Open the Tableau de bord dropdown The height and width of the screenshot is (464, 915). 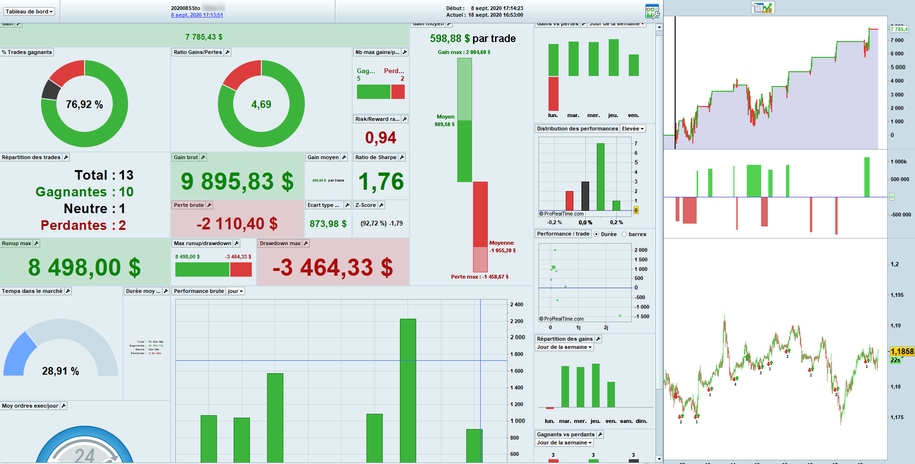(29, 11)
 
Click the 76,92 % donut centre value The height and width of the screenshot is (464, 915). (84, 105)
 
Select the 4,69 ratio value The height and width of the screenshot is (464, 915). (261, 105)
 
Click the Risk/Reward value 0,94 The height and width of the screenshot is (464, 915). (380, 138)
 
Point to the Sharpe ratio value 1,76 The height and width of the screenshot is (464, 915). (381, 182)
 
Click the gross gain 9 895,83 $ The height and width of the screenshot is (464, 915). (237, 182)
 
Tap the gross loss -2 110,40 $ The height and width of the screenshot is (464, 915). (237, 224)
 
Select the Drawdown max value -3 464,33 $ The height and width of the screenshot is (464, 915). (333, 267)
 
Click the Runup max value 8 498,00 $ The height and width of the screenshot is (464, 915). (85, 267)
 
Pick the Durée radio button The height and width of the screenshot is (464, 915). (596, 234)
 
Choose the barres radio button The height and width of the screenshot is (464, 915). (624, 234)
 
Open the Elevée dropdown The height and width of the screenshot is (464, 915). (633, 129)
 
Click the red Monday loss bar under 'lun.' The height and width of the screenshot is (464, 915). (553, 94)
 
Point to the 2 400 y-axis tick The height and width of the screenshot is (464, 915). (517, 304)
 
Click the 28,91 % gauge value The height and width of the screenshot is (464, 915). (61, 371)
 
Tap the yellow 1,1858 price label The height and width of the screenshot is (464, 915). (902, 352)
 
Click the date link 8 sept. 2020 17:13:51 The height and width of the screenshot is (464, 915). (197, 15)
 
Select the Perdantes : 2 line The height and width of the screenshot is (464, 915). (83, 226)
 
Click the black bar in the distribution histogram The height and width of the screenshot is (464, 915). (585, 196)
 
